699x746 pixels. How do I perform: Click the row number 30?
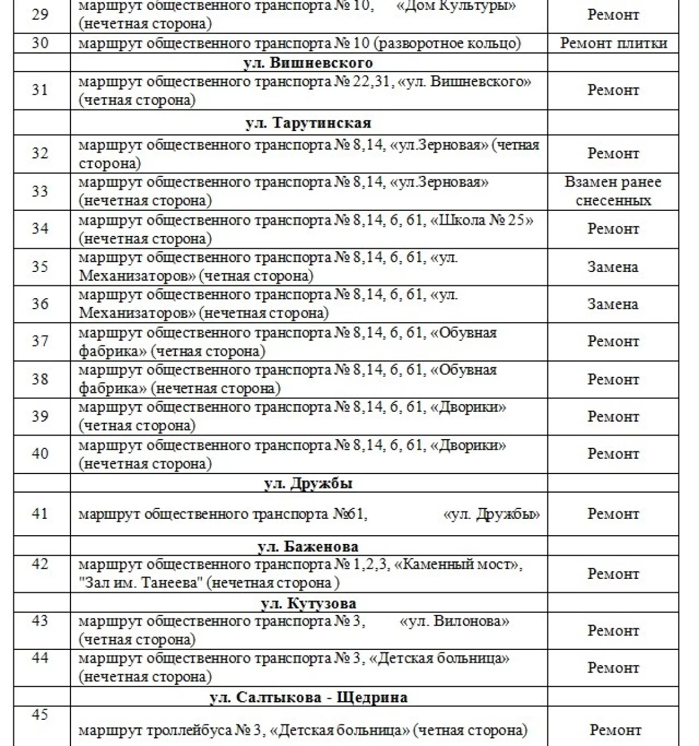(40, 43)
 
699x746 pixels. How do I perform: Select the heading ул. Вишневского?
(308, 62)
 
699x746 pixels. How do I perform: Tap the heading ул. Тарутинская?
(308, 123)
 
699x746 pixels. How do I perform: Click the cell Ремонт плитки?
(613, 43)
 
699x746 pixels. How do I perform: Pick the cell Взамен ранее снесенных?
(613, 191)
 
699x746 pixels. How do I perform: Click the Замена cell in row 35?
(613, 267)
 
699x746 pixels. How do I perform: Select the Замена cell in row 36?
(613, 304)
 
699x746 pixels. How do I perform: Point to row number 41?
(40, 514)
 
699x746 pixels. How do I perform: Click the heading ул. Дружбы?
(308, 483)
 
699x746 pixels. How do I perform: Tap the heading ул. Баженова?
(308, 546)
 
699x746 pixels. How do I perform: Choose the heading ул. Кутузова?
(308, 603)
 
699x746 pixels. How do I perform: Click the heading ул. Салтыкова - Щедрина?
(308, 697)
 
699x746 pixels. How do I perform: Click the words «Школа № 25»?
(482, 221)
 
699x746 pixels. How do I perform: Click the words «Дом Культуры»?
(460, 6)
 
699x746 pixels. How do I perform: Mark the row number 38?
(40, 379)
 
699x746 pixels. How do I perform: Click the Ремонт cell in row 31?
(613, 90)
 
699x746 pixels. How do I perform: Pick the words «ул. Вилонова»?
(454, 621)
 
